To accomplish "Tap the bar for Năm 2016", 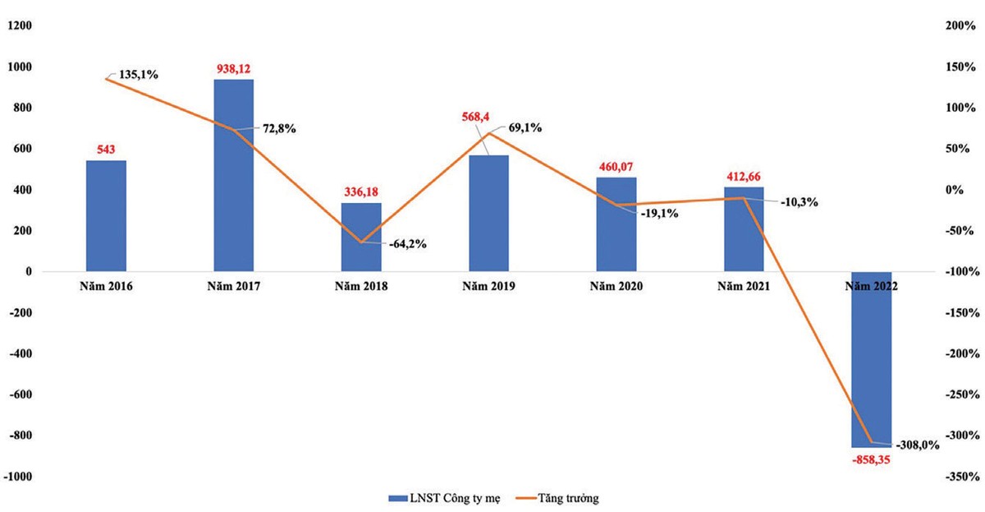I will coord(107,215).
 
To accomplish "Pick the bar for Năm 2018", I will coord(361,237).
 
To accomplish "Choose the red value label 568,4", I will coord(488,116).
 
